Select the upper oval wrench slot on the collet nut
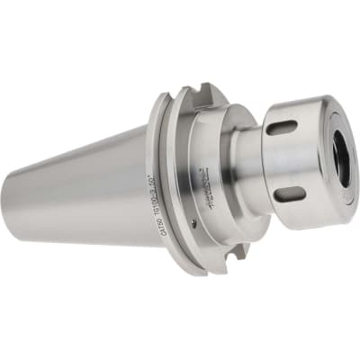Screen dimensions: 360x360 (281, 128)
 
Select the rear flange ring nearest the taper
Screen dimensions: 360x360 (158, 180)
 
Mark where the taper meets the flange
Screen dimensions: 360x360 (147, 180)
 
